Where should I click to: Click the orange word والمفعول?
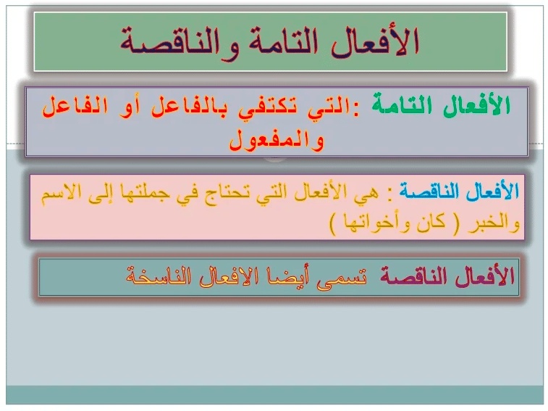click(277, 140)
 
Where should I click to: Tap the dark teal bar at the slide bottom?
click(274, 395)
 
